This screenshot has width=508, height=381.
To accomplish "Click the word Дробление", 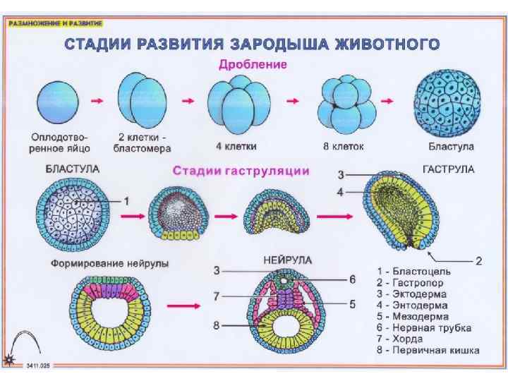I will pyautogui.click(x=252, y=65).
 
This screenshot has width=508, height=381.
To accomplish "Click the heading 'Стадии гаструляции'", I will pyautogui.click(x=241, y=171).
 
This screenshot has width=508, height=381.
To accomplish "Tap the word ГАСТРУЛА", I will pyautogui.click(x=448, y=170).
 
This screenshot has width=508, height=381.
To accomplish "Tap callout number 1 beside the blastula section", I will pyautogui.click(x=127, y=200).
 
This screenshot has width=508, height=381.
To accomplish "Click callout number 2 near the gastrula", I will pyautogui.click(x=478, y=260).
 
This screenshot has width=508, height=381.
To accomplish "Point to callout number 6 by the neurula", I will pyautogui.click(x=352, y=279).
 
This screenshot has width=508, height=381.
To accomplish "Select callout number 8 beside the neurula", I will pyautogui.click(x=217, y=326).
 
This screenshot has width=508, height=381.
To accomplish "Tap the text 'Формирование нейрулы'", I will pyautogui.click(x=109, y=263).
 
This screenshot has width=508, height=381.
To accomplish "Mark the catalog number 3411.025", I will pyautogui.click(x=40, y=365).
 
